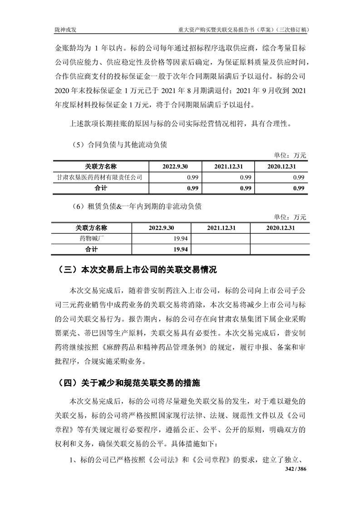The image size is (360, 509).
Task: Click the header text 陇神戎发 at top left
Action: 64,30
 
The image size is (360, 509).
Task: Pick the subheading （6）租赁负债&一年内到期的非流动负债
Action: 136,206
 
